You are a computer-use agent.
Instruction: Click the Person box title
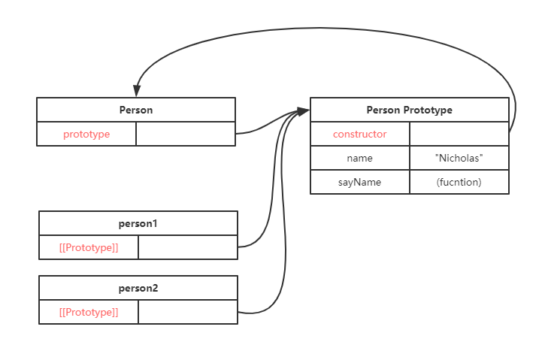(136, 110)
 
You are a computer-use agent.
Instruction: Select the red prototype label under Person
(86, 134)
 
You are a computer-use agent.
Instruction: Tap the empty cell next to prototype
(186, 134)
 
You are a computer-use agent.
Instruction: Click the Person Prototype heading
(409, 110)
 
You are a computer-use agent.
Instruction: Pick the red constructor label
(359, 134)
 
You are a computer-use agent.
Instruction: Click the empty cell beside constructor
(459, 134)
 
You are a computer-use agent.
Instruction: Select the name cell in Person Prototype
(359, 158)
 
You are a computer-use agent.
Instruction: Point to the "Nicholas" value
(459, 158)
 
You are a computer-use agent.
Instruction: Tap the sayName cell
(359, 182)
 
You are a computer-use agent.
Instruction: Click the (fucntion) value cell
(459, 182)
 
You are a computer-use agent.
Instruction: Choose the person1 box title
(138, 223)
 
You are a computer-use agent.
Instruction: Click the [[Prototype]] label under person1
(89, 247)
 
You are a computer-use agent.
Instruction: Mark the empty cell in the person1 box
(188, 247)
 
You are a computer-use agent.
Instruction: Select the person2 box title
(138, 288)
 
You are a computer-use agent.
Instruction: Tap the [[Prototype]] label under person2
(89, 312)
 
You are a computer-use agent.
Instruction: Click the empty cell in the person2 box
(188, 312)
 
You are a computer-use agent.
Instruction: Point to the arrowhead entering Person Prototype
(304, 111)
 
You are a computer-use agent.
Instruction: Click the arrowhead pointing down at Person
(137, 91)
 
